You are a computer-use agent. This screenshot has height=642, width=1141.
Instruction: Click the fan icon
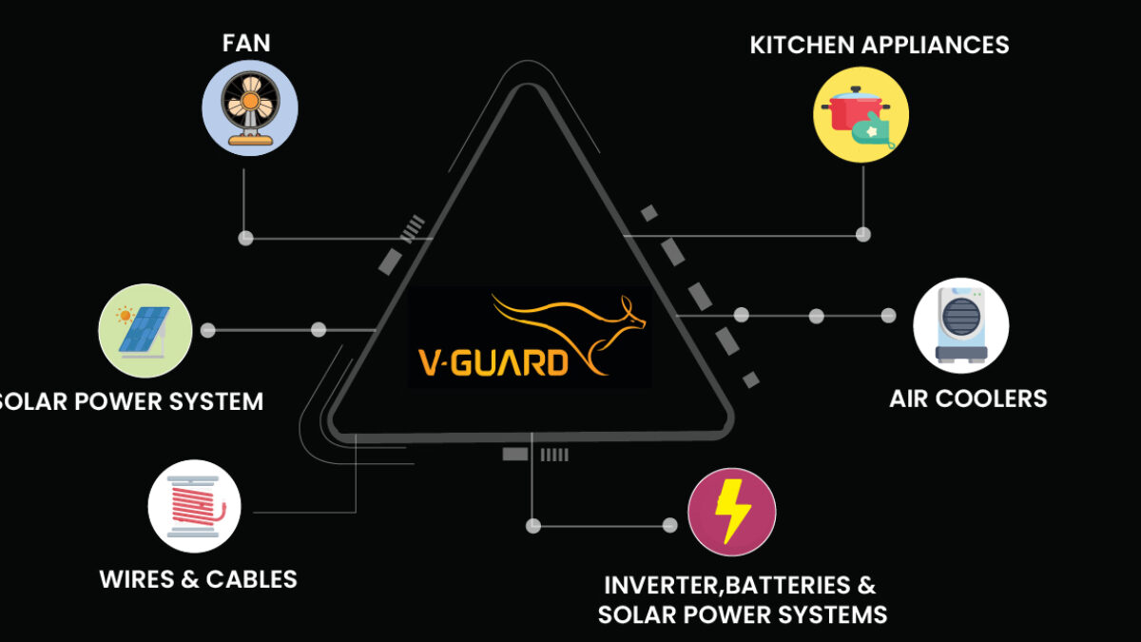(x=250, y=107)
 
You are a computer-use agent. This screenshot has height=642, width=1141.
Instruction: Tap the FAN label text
(x=246, y=43)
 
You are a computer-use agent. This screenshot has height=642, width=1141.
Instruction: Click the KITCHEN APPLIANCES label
(x=880, y=45)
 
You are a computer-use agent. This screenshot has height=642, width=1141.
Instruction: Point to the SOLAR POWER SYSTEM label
(x=131, y=401)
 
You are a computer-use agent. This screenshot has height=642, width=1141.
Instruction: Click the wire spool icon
(x=195, y=506)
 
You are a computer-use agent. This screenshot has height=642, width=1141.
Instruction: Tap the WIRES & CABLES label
(x=199, y=578)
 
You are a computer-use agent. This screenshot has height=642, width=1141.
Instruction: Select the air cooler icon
(x=960, y=325)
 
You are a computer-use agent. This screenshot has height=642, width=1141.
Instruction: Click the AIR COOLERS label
(x=968, y=398)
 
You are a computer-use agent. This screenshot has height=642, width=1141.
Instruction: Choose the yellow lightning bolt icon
(x=731, y=512)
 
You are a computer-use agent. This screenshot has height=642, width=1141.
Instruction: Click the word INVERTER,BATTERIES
(x=740, y=584)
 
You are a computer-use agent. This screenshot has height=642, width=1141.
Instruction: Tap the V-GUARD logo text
(x=494, y=361)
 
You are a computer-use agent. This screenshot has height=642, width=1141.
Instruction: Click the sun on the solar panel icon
(x=126, y=314)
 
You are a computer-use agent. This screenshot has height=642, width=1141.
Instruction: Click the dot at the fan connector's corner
(x=245, y=238)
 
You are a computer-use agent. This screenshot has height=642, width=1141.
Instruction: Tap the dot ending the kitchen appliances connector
(x=863, y=234)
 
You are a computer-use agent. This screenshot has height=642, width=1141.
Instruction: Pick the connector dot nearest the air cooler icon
(x=888, y=315)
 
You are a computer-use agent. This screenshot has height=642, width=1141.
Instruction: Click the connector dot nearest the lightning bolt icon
(x=669, y=525)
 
